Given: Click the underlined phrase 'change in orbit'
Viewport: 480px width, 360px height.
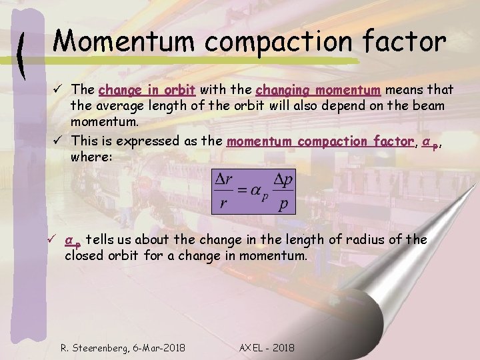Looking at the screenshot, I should (x=147, y=89).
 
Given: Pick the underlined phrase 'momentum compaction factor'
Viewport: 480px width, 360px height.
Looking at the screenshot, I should (x=320, y=141).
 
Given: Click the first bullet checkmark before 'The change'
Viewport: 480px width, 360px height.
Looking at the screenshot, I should (x=59, y=90).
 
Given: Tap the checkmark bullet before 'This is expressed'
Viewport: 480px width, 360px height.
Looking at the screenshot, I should (x=59, y=141).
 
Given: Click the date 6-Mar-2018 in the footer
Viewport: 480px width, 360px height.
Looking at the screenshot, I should (x=159, y=347).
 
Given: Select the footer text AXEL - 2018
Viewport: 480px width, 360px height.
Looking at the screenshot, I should (x=267, y=347).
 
